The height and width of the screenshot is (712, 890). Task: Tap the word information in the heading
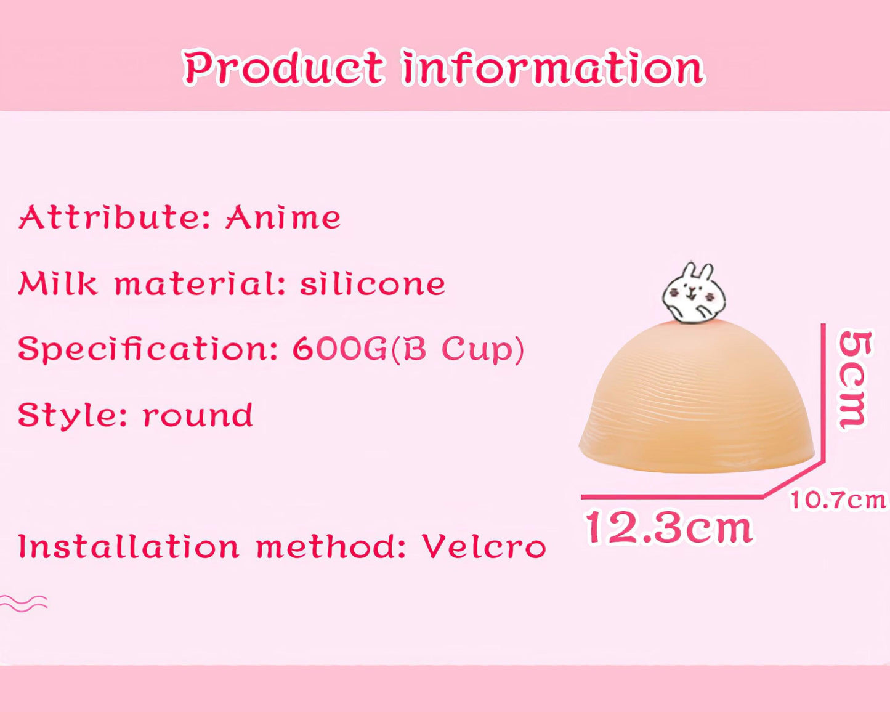click(x=553, y=67)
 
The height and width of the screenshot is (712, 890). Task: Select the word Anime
click(x=283, y=217)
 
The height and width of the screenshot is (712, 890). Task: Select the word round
click(x=198, y=415)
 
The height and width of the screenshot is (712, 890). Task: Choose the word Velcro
click(x=484, y=546)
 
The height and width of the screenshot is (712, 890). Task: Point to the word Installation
click(x=129, y=546)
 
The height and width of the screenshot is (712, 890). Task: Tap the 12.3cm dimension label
click(x=669, y=528)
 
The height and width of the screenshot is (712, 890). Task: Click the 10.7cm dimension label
click(x=838, y=500)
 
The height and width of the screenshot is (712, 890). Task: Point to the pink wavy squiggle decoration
click(x=23, y=603)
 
